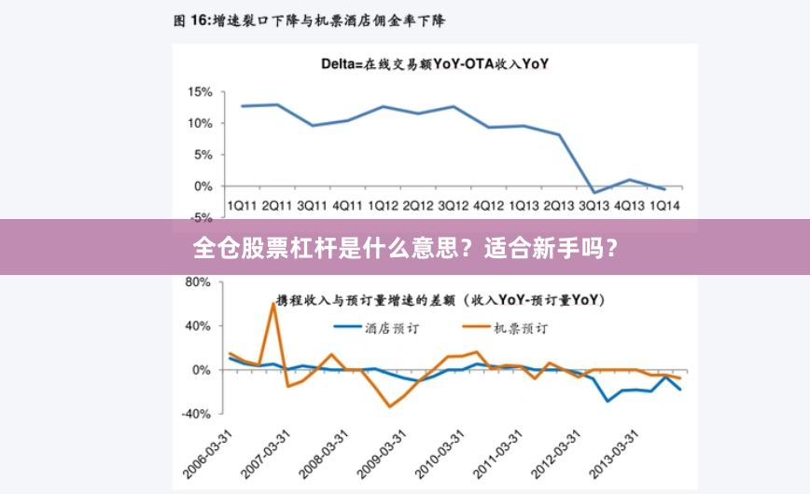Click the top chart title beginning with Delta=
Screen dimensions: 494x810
tap(435, 64)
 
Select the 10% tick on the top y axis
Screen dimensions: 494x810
tap(201, 123)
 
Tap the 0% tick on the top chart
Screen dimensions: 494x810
tap(204, 186)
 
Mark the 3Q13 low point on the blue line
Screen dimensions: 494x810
tap(594, 192)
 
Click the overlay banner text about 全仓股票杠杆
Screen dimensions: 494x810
tap(404, 248)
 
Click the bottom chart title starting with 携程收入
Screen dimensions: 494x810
tap(439, 300)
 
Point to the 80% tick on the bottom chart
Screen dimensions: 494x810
tap(201, 281)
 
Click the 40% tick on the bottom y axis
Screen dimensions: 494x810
tap(201, 326)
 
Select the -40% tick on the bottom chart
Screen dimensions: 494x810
tap(198, 414)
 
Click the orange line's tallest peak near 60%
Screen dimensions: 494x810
tap(273, 304)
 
